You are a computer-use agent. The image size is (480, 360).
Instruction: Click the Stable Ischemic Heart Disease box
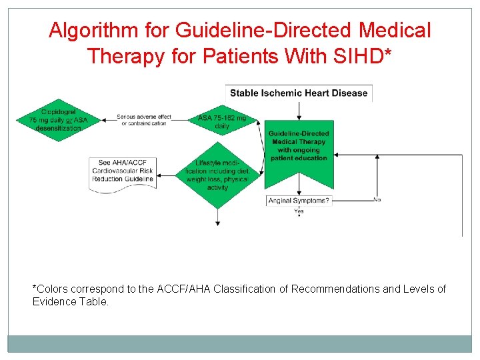(x=299, y=93)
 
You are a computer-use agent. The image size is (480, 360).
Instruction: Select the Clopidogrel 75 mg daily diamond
(x=59, y=119)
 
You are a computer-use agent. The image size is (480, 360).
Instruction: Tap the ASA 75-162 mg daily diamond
(x=222, y=121)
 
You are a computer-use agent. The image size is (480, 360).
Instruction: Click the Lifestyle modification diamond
(x=217, y=175)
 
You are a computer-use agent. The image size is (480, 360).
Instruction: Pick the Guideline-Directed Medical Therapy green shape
(x=299, y=151)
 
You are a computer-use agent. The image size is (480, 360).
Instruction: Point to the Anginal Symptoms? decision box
(x=299, y=201)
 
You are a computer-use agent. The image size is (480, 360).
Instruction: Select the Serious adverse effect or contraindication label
(x=143, y=120)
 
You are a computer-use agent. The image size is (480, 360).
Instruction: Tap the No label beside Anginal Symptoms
(x=377, y=199)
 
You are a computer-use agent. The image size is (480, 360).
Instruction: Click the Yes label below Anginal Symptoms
(x=299, y=211)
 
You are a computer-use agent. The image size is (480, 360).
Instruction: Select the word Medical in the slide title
(x=395, y=31)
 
